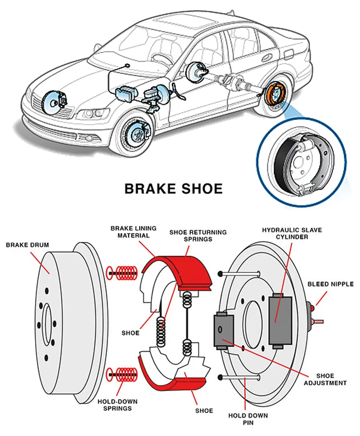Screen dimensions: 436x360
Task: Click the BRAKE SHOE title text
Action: (173, 188)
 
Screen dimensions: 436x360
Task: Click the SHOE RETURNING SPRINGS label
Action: (198, 236)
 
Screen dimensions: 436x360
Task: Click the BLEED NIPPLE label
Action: (330, 284)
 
